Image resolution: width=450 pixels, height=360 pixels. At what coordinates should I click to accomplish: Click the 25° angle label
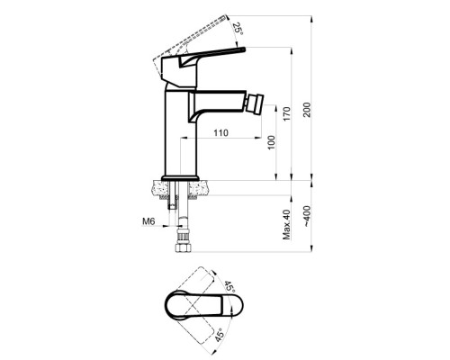[x=238, y=29]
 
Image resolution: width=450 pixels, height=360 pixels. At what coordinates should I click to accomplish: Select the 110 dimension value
[x=221, y=132]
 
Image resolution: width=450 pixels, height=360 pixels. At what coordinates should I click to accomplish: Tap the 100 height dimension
[x=271, y=143]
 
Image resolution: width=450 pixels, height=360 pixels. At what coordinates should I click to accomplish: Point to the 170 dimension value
[x=287, y=113]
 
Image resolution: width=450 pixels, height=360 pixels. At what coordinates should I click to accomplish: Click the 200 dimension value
[x=308, y=110]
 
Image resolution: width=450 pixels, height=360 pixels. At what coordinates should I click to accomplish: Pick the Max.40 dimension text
[x=287, y=225]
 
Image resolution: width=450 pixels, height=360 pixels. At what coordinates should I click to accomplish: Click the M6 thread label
[x=148, y=221]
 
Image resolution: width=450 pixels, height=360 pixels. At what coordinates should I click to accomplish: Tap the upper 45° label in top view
[x=229, y=287]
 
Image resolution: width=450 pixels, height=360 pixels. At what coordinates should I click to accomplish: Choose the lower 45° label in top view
[x=220, y=335]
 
